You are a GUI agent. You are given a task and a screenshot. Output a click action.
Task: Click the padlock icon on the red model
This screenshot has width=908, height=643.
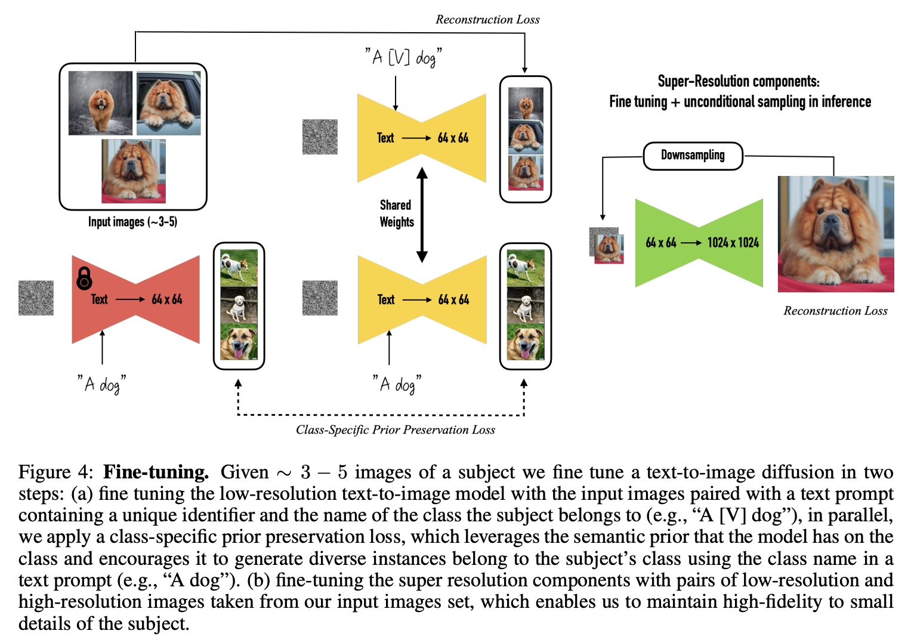point(84,278)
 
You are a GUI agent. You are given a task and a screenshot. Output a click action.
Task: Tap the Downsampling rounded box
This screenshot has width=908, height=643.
point(693,156)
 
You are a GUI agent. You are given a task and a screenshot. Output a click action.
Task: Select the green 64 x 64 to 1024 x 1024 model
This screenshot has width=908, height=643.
point(699,243)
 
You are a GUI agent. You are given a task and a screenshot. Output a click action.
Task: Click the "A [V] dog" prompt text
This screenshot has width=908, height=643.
point(403,57)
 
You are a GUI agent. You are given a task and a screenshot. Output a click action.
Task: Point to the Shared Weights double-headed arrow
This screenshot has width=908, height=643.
point(422,215)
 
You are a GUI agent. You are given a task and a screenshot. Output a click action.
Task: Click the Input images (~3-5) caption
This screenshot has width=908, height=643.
point(132,222)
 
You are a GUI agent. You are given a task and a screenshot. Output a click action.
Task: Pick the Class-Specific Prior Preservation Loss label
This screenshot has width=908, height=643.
point(395,430)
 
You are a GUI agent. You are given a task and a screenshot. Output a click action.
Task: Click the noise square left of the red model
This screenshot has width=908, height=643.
point(36,298)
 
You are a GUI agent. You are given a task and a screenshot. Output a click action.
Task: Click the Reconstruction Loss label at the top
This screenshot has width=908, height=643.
point(487,20)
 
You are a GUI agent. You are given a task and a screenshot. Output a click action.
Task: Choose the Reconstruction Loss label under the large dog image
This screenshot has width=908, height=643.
point(835,311)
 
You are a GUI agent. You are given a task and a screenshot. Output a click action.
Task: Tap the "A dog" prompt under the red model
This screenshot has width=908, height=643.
point(101,384)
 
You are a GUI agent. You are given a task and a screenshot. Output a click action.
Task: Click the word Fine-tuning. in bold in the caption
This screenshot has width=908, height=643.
point(156,472)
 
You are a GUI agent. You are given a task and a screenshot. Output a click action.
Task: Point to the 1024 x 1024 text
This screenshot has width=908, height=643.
point(733,243)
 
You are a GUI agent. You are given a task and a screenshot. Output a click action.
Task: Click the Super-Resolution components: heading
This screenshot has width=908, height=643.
point(739,81)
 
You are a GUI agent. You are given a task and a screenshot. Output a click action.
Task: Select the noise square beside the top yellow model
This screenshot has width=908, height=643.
point(320,137)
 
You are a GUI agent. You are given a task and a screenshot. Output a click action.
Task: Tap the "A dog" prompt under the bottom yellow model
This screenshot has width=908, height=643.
point(397,384)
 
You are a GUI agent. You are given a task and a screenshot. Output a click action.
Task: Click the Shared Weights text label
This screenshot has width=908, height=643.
point(396,214)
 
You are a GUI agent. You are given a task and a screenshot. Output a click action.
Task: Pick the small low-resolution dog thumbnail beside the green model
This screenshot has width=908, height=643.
point(607,246)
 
